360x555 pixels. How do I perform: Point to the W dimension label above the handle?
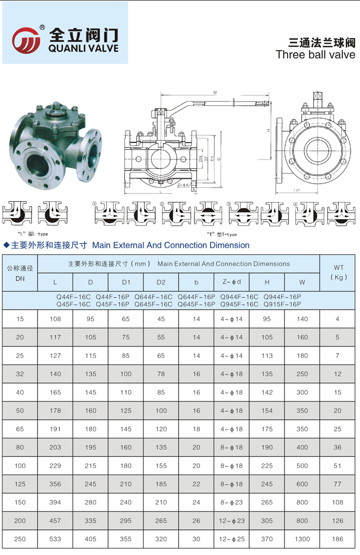click(214, 92)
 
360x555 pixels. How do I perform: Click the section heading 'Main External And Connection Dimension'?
click(171, 245)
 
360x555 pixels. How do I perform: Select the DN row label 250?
click(20, 539)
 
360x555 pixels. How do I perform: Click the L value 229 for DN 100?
click(55, 465)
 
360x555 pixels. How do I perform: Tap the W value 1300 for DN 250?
click(302, 539)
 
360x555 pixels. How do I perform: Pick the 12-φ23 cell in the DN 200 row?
click(231, 520)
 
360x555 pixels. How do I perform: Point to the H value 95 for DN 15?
click(267, 319)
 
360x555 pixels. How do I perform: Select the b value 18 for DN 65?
click(196, 429)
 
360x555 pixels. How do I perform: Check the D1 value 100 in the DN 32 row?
click(125, 374)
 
